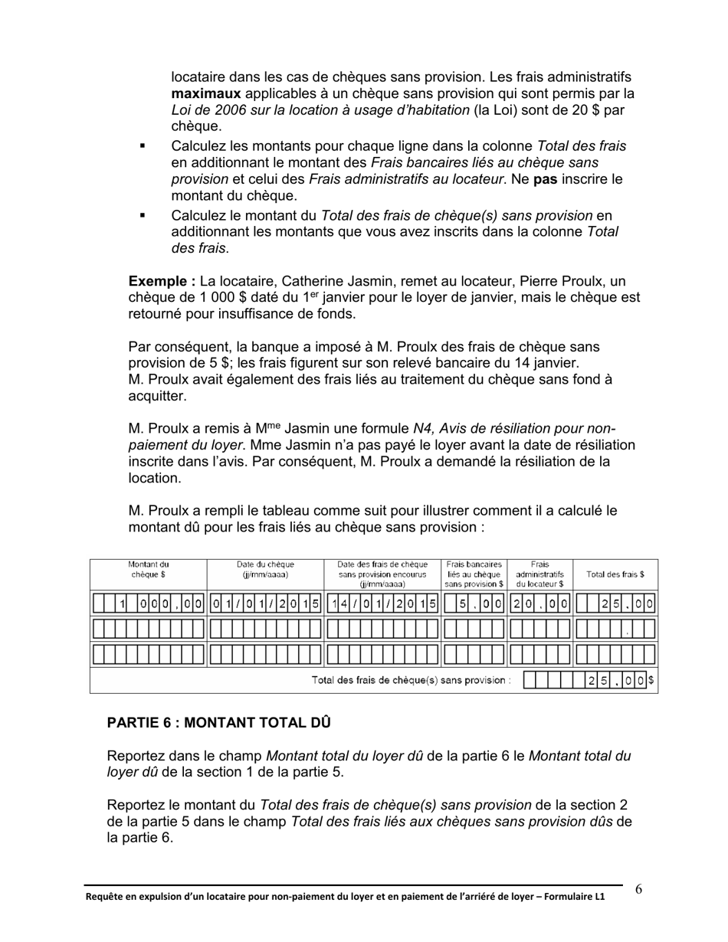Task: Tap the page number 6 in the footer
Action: [638, 889]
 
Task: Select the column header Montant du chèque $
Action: [148, 569]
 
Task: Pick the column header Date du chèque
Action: [265, 569]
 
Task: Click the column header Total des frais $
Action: [615, 574]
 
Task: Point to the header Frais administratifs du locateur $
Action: [539, 574]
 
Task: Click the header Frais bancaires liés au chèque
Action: [474, 574]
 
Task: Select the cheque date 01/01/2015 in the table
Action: [265, 604]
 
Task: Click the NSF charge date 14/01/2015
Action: [383, 604]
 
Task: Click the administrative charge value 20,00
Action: [540, 604]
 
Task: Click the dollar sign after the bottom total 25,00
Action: [651, 680]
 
